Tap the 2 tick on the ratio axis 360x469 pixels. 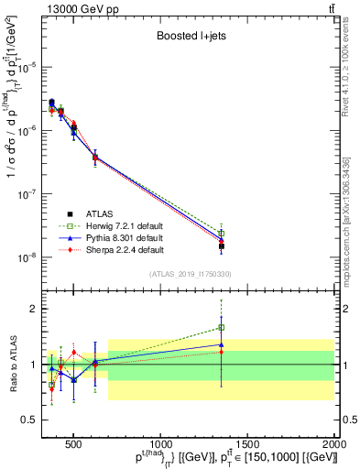point(34,309)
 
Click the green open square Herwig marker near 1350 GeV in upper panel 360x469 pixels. point(221,234)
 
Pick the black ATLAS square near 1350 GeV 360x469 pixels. point(221,245)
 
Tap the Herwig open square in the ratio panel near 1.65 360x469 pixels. point(221,327)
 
